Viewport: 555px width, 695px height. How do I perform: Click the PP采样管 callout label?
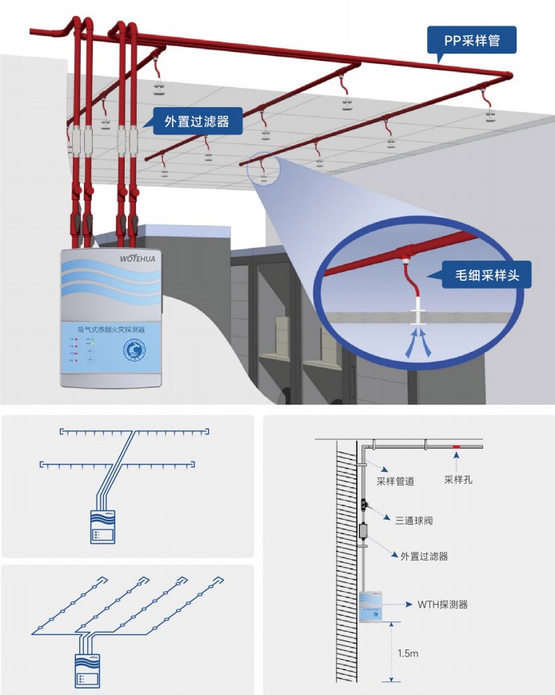point(471,40)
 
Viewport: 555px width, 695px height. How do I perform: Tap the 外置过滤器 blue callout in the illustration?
point(197,122)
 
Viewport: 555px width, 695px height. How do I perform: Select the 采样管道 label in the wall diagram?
point(395,481)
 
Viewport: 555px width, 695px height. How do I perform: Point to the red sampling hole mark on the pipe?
point(456,445)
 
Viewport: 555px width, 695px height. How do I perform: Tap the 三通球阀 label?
point(413,520)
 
